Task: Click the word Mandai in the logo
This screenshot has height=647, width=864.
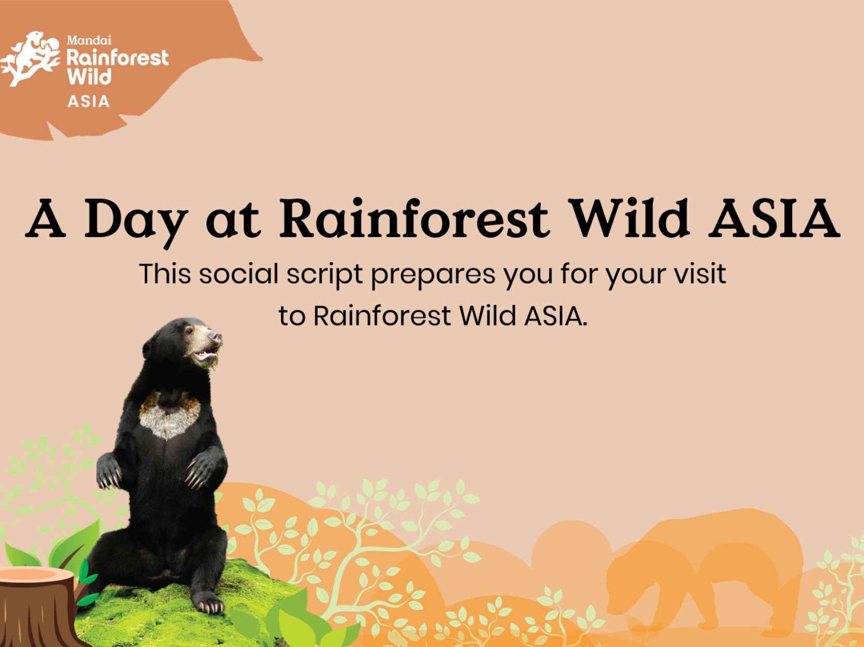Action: [89, 40]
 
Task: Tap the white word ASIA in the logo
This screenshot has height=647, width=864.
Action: [88, 101]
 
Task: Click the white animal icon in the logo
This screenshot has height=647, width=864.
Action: [31, 58]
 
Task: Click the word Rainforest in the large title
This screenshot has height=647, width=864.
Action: [414, 218]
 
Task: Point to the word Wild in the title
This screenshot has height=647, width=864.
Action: [630, 218]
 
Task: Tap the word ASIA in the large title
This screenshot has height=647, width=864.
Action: [774, 218]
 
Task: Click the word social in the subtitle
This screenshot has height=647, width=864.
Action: [239, 274]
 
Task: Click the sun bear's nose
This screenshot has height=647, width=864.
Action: [215, 336]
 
